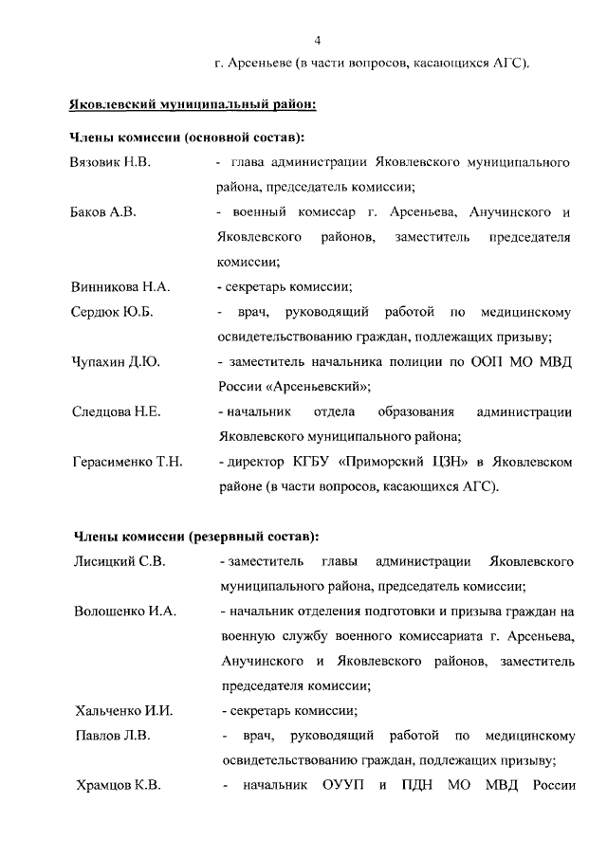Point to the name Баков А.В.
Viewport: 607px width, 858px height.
coord(104,212)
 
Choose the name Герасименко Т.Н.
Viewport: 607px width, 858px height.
coord(127,462)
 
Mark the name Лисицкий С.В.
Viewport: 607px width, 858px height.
coord(120,562)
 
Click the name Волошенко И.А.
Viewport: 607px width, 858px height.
coord(125,611)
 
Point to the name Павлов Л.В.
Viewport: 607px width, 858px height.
coord(112,735)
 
